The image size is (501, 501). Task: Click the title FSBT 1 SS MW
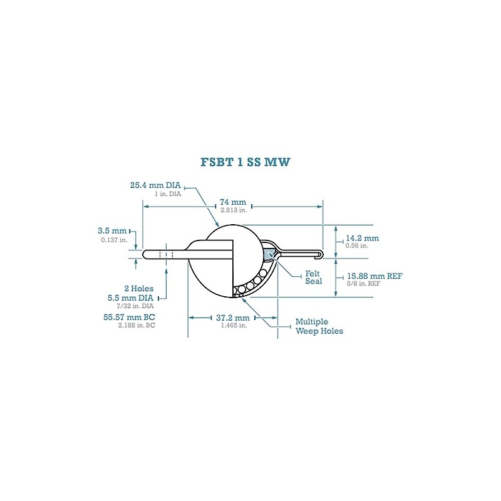(x=245, y=162)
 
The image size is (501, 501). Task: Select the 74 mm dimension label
(x=232, y=202)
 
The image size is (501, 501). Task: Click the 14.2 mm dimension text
(x=363, y=238)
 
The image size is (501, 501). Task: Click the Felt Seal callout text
(x=314, y=277)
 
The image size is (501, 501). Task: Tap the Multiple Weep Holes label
(x=319, y=326)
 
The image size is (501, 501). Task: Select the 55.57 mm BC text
(x=130, y=318)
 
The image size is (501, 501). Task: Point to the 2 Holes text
(x=139, y=289)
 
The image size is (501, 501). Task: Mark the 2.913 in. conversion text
(x=232, y=210)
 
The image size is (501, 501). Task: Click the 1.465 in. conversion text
(x=232, y=326)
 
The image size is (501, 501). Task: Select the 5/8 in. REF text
(x=363, y=284)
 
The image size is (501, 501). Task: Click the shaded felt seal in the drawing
(x=270, y=254)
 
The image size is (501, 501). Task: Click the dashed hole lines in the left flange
(x=166, y=254)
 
